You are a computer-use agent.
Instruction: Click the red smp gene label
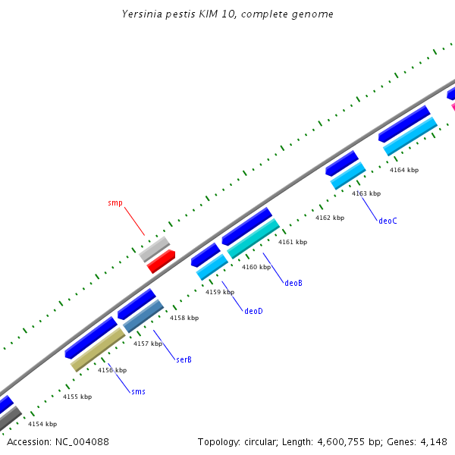click(115, 203)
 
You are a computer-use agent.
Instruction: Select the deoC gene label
click(388, 221)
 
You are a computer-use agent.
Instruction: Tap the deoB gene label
click(293, 283)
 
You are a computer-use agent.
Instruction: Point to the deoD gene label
click(253, 311)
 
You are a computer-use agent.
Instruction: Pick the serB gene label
click(184, 359)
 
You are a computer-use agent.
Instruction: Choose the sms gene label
click(138, 391)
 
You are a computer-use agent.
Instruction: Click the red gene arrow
click(162, 262)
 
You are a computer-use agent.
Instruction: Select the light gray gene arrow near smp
click(155, 248)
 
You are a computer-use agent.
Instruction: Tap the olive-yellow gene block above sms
click(98, 350)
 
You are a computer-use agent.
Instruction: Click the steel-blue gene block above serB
click(143, 315)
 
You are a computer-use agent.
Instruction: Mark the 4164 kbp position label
click(404, 170)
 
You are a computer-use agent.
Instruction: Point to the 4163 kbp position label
click(366, 193)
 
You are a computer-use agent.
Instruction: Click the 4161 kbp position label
click(293, 242)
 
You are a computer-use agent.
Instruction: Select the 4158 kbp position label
click(184, 318)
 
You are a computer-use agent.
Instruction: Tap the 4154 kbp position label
click(42, 424)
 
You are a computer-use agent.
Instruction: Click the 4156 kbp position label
click(111, 369)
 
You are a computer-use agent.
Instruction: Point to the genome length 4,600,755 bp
click(322, 441)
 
